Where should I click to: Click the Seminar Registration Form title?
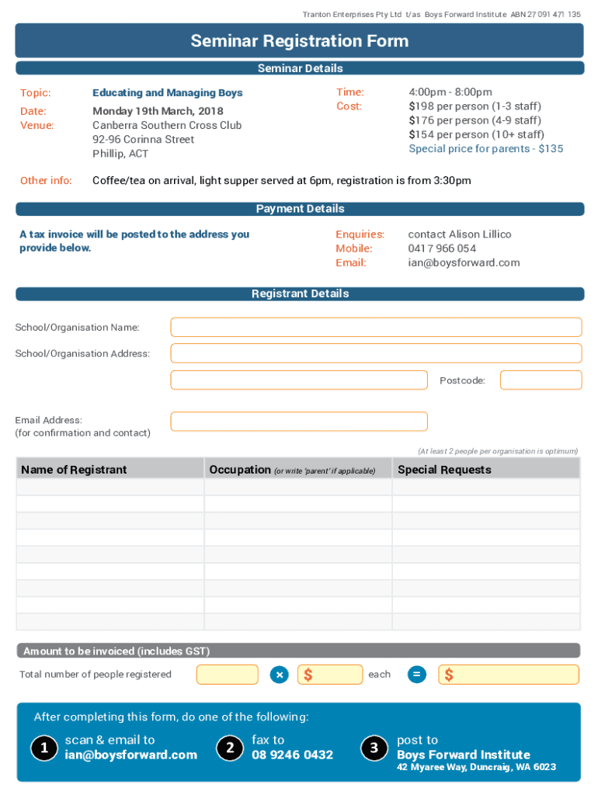coord(299,41)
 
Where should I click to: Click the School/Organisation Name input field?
coord(376,328)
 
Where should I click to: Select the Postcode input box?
coord(541,380)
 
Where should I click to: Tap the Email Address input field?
coord(299,422)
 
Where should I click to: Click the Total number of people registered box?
coord(227,675)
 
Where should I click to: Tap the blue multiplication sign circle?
coord(280,675)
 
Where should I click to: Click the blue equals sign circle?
coord(417,675)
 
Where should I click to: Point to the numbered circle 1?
coord(43,748)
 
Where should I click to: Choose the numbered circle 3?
coord(374,748)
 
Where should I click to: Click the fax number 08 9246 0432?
coord(292,755)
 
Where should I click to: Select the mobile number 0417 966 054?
coord(442,248)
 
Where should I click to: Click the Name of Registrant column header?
coord(74,470)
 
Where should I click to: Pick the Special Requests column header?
coord(444,470)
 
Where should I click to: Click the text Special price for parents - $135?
coord(485,148)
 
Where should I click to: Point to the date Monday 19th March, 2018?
coord(158,111)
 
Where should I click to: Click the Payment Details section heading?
coord(300,209)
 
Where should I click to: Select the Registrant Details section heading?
coord(300,294)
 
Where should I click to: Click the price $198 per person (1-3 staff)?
coord(475,106)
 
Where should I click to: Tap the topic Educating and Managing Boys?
coord(168,93)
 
